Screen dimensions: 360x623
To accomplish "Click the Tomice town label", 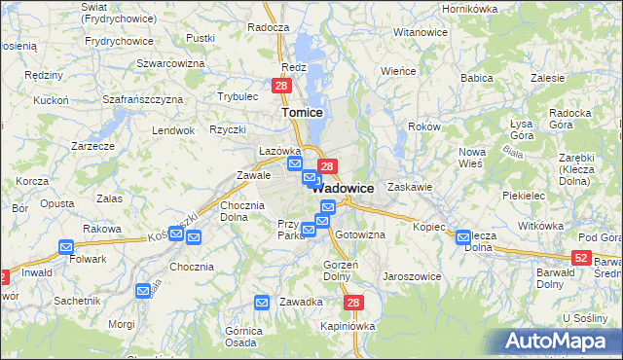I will coord(302,112).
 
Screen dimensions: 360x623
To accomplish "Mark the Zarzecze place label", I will coord(93,145).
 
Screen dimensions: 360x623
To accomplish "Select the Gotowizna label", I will coord(360,234).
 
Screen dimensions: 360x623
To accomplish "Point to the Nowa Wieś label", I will coord(472,158).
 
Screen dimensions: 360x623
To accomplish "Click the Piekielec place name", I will coord(524,195).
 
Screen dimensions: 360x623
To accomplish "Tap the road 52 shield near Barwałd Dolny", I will coord(581,257).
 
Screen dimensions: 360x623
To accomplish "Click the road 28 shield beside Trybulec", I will coord(280,87).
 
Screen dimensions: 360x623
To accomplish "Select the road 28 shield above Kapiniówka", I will coord(353,304).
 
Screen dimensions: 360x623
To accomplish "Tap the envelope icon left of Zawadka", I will coord(262,303).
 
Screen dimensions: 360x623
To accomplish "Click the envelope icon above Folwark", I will coord(65,247).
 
